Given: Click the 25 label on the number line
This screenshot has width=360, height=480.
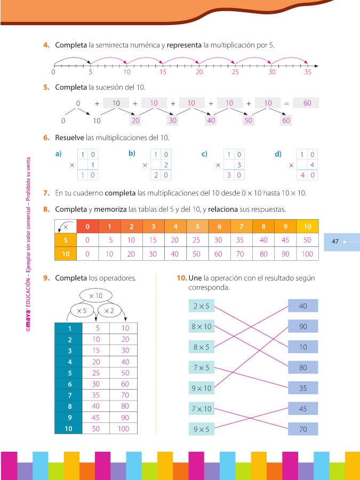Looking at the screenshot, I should click(x=235, y=71).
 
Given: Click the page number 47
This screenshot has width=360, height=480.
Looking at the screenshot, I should click(x=335, y=242).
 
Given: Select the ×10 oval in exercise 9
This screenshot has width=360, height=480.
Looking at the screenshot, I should click(x=96, y=295).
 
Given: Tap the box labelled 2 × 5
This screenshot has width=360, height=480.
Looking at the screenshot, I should click(x=201, y=306).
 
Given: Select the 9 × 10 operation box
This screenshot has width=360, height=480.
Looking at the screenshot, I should click(x=201, y=388).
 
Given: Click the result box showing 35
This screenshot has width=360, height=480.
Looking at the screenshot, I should click(x=303, y=388).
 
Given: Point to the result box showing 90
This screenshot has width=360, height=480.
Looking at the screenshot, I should click(x=303, y=326).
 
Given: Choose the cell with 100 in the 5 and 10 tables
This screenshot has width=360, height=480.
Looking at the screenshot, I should click(x=307, y=254).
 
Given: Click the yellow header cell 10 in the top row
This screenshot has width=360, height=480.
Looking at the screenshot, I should click(x=307, y=226).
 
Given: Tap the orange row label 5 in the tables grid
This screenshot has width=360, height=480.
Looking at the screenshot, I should click(x=66, y=240).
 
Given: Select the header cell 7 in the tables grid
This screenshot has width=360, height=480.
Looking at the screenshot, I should click(x=241, y=226).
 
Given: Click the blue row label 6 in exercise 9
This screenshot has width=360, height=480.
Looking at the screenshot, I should click(x=68, y=384).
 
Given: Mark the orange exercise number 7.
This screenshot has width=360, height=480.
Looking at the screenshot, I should click(x=46, y=193).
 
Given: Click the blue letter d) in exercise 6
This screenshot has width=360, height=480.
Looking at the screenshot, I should click(x=278, y=154).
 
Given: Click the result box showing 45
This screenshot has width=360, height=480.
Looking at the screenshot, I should click(x=303, y=409).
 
